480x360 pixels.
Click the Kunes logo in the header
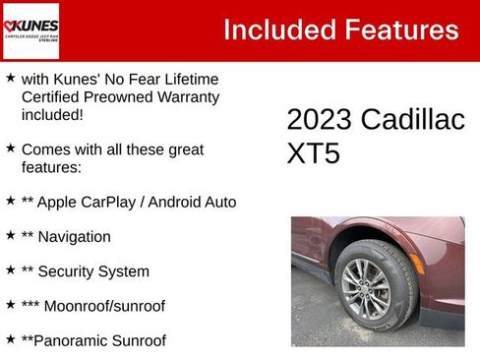(x=31, y=30)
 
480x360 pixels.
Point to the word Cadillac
(x=411, y=120)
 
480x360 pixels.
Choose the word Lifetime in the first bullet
(x=186, y=79)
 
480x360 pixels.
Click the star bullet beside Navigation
(x=10, y=235)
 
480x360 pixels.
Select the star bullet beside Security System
(x=10, y=270)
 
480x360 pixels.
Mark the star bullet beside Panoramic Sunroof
(x=10, y=338)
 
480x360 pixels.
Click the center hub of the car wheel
(x=365, y=288)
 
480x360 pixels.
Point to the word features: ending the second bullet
(x=50, y=167)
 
